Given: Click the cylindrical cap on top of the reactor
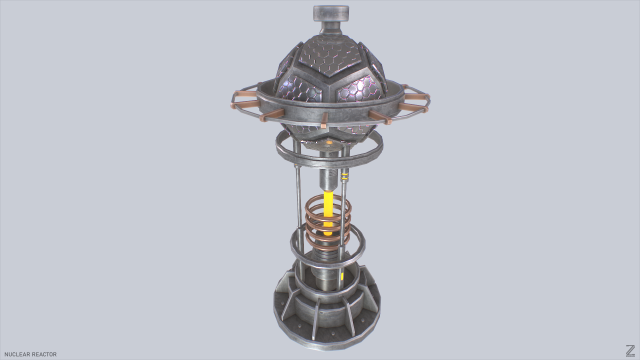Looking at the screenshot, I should coord(329,13).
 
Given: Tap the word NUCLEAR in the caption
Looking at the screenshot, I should coord(18,354).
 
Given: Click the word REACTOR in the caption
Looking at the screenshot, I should coord(44,354).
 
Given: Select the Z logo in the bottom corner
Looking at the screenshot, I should coord(627,349).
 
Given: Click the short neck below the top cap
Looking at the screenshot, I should coord(329,30).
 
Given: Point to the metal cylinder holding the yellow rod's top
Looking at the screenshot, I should coord(328,177).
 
